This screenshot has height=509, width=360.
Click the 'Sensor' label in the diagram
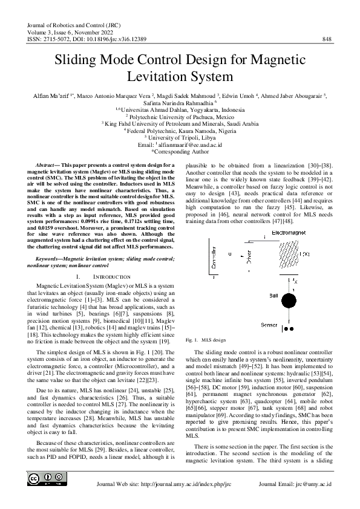click(269, 325)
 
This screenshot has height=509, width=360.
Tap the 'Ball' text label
click(273, 295)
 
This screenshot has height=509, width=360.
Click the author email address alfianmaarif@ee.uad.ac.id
click(184, 145)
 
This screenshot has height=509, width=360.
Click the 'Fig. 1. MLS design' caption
click(205, 341)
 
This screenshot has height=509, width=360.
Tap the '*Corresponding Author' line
click(180, 152)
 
